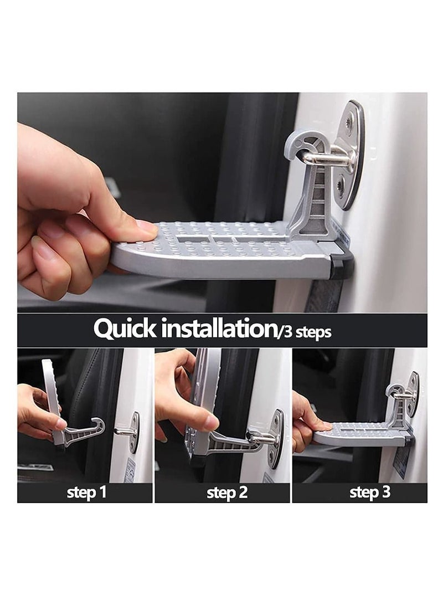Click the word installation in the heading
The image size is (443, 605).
(x=215, y=329)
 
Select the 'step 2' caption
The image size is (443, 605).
(x=226, y=493)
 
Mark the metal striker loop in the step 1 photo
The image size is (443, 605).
(x=122, y=430)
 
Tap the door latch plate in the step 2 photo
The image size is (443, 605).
(x=275, y=438)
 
